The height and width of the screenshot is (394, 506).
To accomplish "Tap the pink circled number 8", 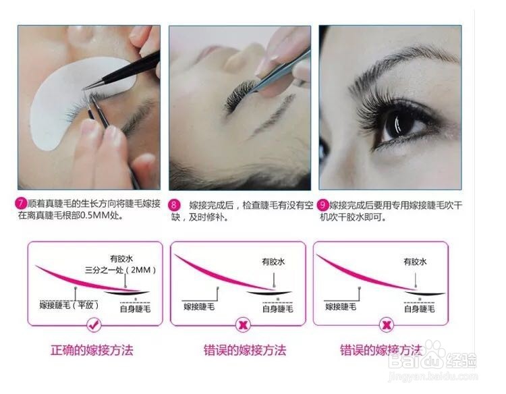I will click(174, 204).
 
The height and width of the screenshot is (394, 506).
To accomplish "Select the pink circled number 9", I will click(324, 204).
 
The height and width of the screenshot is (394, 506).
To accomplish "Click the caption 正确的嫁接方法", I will click(92, 350).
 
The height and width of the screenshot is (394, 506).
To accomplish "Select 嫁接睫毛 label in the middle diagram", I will click(200, 307).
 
